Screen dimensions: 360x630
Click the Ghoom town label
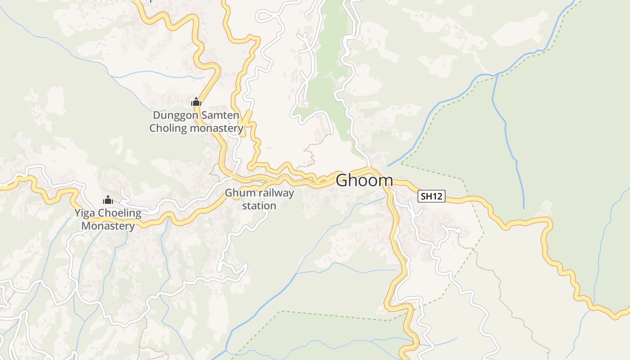pos(364,180)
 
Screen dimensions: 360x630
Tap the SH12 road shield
pos(432,196)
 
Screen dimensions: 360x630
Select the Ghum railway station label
pos(259,199)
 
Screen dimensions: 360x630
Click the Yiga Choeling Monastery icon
pos(108,200)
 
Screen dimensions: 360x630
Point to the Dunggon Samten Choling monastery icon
pos(196,102)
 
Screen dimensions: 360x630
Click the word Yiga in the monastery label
pos(85,213)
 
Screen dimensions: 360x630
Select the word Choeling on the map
pos(118,213)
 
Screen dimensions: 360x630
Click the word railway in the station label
pos(274,193)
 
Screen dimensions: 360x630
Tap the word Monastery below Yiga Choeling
pos(108,225)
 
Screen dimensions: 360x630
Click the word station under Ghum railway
pos(259,206)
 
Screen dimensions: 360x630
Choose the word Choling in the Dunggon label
pos(168,128)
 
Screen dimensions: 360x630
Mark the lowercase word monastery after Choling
pos(216,128)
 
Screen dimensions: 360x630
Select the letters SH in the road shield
pos(426,196)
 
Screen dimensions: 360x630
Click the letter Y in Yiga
pos(78,213)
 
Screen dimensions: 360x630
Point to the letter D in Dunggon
pos(156,116)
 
